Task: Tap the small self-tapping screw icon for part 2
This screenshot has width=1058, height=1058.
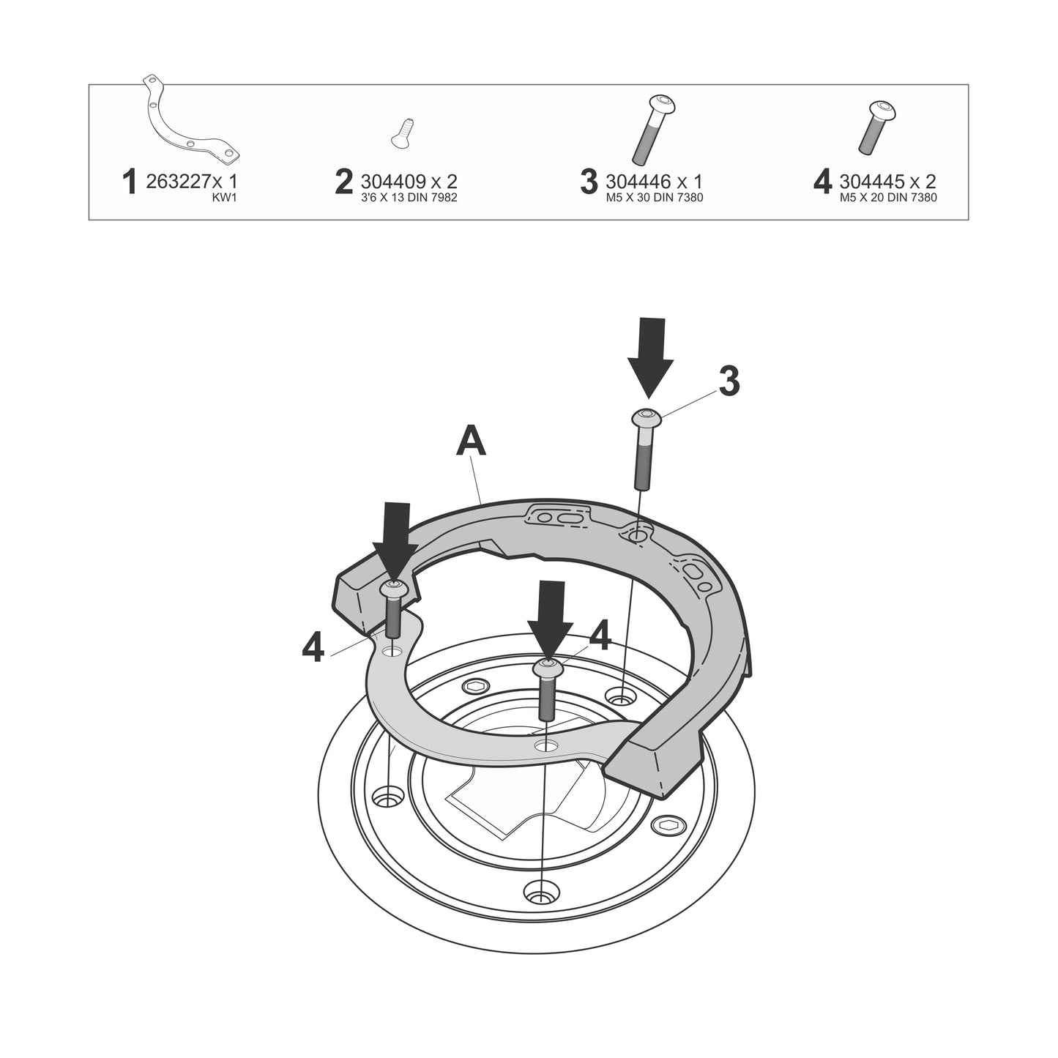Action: (x=403, y=133)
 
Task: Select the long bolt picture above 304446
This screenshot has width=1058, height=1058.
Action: (x=654, y=130)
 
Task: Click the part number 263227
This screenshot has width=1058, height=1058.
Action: (x=179, y=181)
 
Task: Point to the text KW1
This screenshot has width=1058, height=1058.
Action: (x=224, y=197)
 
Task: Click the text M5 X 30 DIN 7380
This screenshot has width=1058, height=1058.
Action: (x=655, y=198)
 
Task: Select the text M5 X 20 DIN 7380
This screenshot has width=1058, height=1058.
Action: (x=888, y=198)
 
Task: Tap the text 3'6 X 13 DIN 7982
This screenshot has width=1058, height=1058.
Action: (x=409, y=198)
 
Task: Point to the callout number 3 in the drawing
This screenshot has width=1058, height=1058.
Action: (x=729, y=381)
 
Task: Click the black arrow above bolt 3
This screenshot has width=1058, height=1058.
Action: (x=651, y=358)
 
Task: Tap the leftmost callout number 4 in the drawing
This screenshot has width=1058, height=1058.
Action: (x=313, y=648)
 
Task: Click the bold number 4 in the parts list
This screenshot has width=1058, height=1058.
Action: (x=822, y=182)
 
